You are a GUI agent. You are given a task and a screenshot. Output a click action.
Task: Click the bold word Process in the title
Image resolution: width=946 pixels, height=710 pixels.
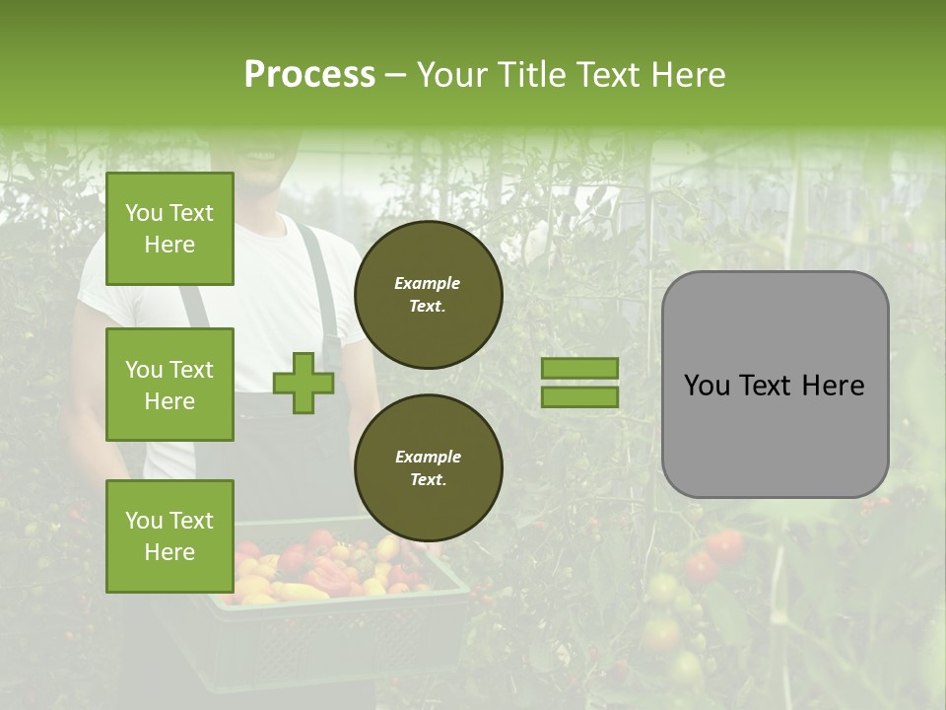[309, 75]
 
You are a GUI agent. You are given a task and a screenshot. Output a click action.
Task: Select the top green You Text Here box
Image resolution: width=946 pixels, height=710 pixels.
[169, 229]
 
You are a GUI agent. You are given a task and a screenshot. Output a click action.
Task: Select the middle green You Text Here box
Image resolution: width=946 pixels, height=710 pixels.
[169, 385]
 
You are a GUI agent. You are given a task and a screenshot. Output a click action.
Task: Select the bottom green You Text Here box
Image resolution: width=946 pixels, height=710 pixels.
[169, 536]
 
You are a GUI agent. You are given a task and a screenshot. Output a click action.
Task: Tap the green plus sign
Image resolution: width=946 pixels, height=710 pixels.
[304, 383]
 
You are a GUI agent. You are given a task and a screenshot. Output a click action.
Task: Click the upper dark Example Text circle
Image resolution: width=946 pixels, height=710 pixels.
[428, 294]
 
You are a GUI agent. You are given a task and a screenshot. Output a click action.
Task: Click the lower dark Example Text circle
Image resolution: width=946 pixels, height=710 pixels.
[428, 467]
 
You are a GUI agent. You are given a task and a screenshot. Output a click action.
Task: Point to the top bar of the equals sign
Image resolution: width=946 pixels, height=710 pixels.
[579, 368]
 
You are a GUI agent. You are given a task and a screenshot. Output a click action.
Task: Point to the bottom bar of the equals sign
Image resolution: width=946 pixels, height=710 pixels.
[579, 397]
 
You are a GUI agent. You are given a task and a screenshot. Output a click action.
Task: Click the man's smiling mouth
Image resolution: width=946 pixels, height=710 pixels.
[261, 156]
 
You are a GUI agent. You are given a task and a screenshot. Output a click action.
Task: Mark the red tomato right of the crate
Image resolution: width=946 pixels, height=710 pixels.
[726, 545]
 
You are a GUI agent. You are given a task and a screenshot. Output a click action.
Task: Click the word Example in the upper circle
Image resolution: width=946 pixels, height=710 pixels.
[428, 283]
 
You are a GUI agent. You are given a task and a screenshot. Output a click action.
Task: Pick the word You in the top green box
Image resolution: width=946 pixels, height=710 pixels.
[144, 213]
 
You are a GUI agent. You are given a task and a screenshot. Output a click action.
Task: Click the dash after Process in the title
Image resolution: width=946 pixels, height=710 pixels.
[396, 75]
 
